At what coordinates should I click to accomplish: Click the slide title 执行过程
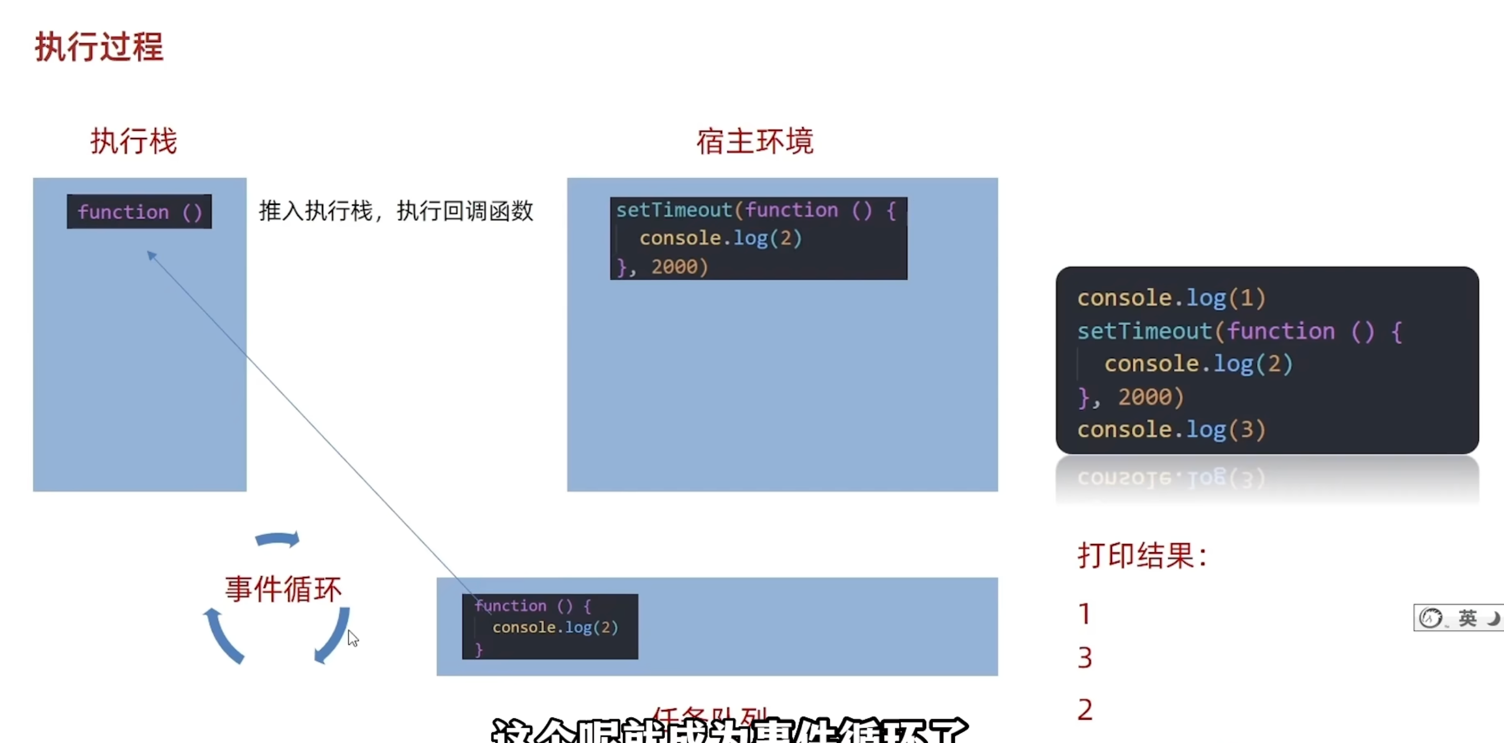[x=99, y=47]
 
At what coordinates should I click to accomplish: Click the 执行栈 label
[x=134, y=142]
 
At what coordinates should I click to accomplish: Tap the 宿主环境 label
[x=754, y=142]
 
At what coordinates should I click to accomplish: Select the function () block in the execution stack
[x=139, y=212]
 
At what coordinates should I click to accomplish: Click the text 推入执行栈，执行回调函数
[x=396, y=211]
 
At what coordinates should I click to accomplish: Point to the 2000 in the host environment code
[x=674, y=266]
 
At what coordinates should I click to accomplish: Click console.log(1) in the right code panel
[x=1171, y=298]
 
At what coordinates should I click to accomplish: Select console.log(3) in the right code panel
[x=1171, y=430]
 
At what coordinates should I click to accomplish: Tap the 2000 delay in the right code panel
[x=1144, y=397]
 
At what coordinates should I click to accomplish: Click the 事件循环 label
[x=283, y=589]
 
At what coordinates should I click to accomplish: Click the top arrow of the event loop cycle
[x=278, y=539]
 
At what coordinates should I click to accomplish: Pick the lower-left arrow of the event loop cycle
[x=223, y=636]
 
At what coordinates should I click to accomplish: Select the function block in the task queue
[x=549, y=627]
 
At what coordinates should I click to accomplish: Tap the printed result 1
[x=1084, y=614]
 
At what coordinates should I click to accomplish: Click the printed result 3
[x=1085, y=658]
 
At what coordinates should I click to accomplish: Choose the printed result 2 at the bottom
[x=1085, y=710]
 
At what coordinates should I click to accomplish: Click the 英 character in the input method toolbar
[x=1467, y=618]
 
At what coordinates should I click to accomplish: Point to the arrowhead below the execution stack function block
[x=152, y=255]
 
